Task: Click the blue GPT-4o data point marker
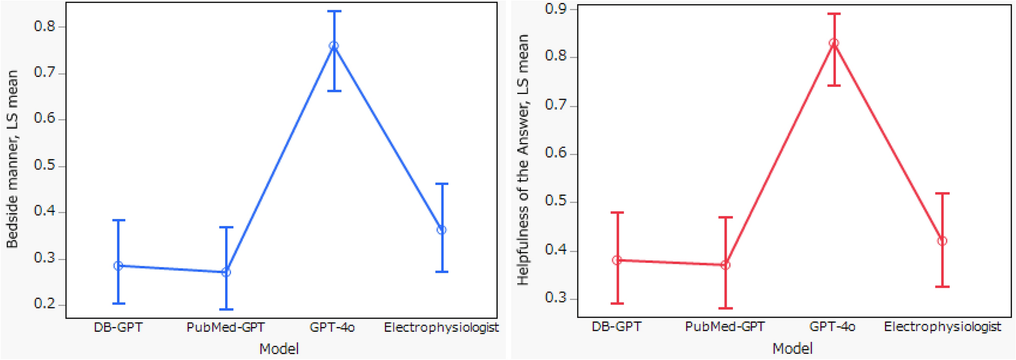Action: point(334,46)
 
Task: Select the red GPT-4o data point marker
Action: point(834,43)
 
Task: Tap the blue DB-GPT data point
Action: point(118,265)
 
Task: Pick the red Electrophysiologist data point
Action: point(942,241)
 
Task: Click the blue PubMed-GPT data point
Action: point(226,272)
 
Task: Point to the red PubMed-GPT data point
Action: point(725,264)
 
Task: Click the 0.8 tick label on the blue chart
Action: point(45,26)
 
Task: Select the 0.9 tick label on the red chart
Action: point(555,9)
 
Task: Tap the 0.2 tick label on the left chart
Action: point(45,304)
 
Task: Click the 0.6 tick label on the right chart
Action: point(555,153)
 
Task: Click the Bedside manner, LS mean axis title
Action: point(12,159)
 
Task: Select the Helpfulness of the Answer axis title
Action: point(523,159)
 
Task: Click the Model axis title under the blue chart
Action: point(279,349)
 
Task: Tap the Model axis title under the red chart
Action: point(792,348)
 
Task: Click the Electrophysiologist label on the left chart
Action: point(441,328)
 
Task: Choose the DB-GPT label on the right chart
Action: point(616,327)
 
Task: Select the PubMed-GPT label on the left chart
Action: point(226,328)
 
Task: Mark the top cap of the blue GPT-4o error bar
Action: point(334,11)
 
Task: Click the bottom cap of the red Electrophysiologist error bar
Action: point(942,287)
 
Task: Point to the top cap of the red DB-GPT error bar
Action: point(617,212)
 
